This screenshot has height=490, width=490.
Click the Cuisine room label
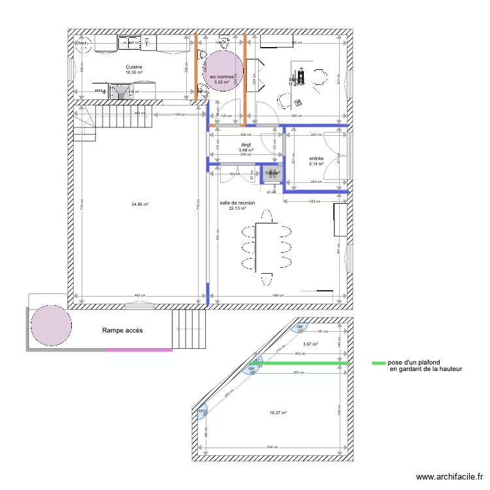[x=134, y=67]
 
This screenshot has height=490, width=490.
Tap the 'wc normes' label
[x=222, y=76]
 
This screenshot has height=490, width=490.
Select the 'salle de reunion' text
[x=237, y=203]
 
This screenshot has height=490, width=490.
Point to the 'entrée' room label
[x=316, y=158]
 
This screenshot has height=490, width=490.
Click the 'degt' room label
[x=246, y=145]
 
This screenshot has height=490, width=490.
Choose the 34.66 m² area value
[x=139, y=204]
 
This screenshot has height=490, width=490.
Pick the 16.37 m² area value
[x=278, y=412]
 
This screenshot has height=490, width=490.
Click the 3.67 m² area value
[x=310, y=344]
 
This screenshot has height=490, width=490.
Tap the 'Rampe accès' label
[x=122, y=331]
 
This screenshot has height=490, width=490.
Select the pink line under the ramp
[x=139, y=350]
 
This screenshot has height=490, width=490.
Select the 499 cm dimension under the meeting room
[x=278, y=296]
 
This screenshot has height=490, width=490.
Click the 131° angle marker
[x=202, y=411]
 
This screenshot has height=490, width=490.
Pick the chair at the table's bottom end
[x=267, y=280]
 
